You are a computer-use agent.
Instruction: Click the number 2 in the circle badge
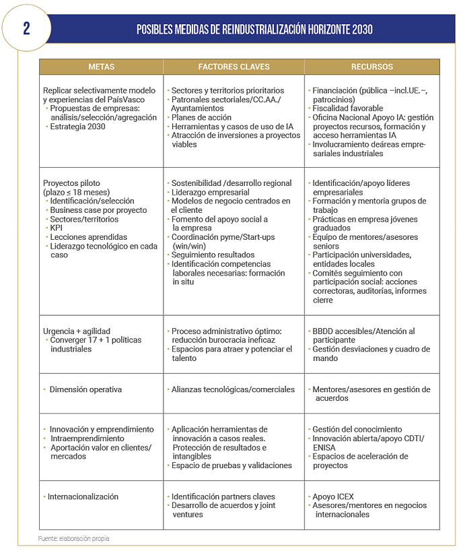(26, 29)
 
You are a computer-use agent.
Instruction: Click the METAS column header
(101, 67)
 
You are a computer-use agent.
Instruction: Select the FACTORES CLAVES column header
(234, 67)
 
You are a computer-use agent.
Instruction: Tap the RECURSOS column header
(371, 67)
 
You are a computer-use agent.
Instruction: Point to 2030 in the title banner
(361, 30)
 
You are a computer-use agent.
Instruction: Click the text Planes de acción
(201, 117)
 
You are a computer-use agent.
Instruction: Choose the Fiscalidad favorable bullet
(348, 108)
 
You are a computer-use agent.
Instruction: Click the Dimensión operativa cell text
(85, 389)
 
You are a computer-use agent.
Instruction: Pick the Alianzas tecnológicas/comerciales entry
(233, 389)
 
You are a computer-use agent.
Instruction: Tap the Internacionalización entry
(83, 496)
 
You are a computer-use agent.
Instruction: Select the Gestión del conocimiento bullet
(357, 429)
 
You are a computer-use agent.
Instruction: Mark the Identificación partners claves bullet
(225, 496)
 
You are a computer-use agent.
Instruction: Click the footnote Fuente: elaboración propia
(73, 538)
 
